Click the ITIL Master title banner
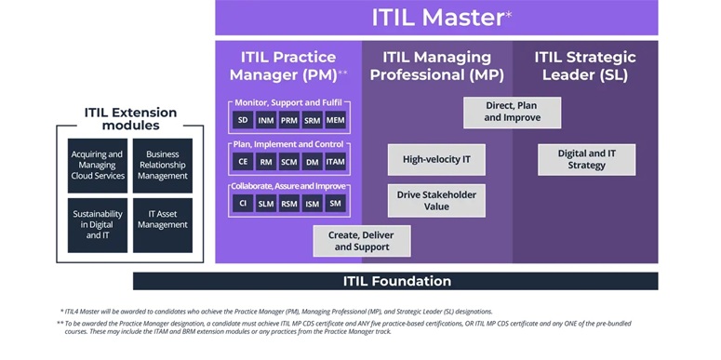(x=436, y=18)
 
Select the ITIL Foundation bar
(x=396, y=281)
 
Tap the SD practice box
(x=243, y=120)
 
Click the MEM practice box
(x=335, y=120)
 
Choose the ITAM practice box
(x=335, y=162)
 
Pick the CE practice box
(x=243, y=162)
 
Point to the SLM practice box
(x=266, y=203)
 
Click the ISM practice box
(x=312, y=203)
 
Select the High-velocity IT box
(x=436, y=159)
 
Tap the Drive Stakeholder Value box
(x=436, y=200)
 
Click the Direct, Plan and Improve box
(x=512, y=112)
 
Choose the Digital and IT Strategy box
(x=586, y=159)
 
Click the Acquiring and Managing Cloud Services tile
(x=97, y=166)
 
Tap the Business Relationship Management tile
(x=162, y=166)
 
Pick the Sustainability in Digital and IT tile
(x=97, y=224)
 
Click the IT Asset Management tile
(x=162, y=224)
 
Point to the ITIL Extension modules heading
(x=130, y=119)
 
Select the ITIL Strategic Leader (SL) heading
(x=585, y=65)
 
